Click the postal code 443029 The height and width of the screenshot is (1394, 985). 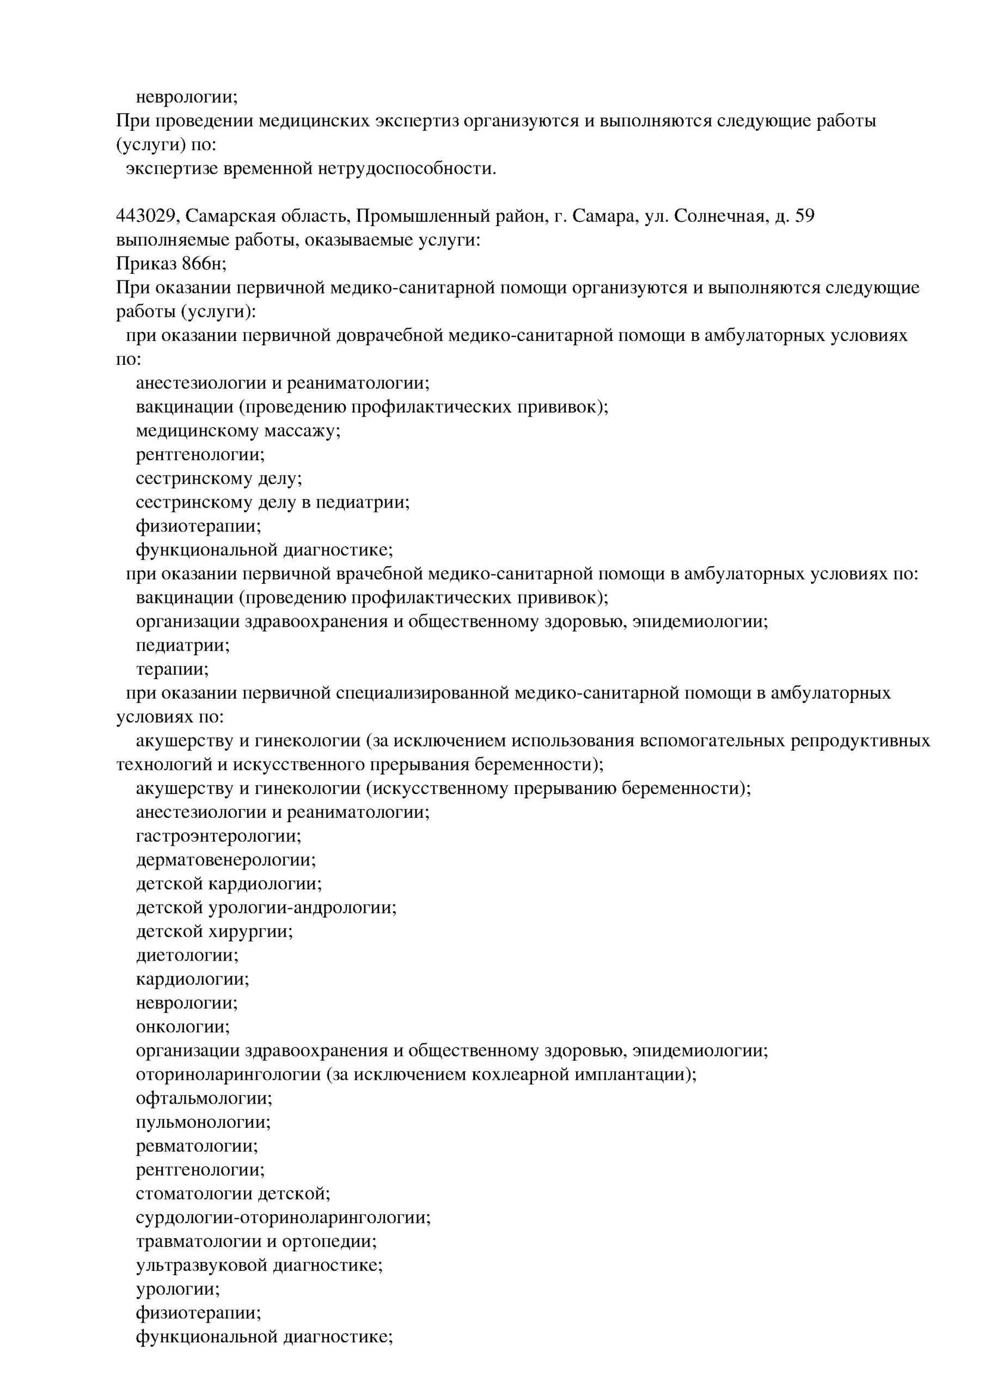(147, 216)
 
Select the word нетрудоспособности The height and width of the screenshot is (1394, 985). (407, 168)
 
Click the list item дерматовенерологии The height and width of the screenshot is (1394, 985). (226, 860)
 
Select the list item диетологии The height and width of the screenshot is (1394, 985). (187, 956)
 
